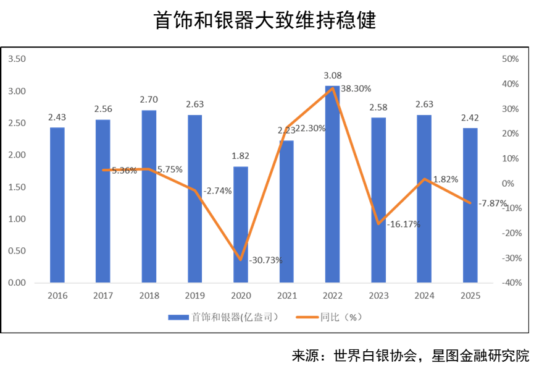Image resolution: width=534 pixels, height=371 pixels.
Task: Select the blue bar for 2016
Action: tap(57, 205)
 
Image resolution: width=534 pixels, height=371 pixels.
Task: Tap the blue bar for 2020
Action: tap(241, 224)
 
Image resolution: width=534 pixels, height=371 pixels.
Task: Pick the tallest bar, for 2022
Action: tap(332, 184)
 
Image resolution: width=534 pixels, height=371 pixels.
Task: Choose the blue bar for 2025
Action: tap(470, 205)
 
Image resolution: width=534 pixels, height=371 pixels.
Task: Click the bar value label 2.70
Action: tap(149, 99)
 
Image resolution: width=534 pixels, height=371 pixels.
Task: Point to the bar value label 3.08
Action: tap(333, 75)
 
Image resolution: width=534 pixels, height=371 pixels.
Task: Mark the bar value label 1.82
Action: tap(241, 155)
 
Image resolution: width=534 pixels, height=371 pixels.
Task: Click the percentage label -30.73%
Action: tap(265, 260)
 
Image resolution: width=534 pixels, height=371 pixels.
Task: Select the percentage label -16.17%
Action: tap(404, 224)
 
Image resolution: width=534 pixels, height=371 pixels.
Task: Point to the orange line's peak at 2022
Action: tap(333, 88)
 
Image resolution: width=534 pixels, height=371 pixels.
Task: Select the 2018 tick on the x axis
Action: tap(149, 296)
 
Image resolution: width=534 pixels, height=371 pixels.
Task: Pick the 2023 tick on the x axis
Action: tap(378, 296)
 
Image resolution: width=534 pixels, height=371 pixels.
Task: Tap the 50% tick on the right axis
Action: tap(510, 59)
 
